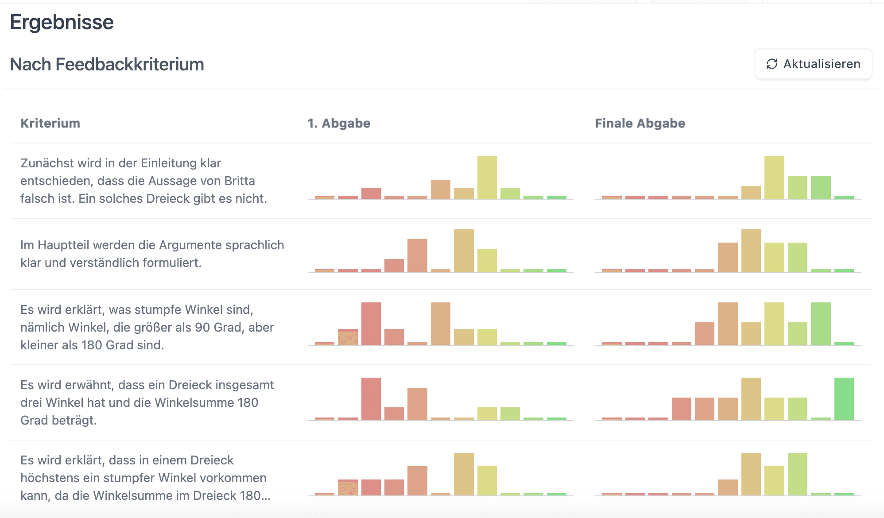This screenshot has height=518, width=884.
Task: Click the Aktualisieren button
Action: coord(813,64)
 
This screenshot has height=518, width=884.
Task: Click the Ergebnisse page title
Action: coord(62,22)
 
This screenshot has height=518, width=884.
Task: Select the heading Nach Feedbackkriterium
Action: coord(107,65)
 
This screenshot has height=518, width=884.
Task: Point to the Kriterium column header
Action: coord(50,123)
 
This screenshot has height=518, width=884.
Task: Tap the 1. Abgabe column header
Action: coord(339,123)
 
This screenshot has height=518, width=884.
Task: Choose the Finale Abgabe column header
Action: coord(640,123)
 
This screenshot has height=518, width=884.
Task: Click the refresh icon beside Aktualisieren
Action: coord(772,64)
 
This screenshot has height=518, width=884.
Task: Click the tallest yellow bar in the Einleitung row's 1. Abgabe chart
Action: coord(487,178)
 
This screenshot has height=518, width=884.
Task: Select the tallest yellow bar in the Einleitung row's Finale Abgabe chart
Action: coord(774,178)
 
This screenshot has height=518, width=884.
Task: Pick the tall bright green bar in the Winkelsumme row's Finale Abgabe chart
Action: coord(844,398)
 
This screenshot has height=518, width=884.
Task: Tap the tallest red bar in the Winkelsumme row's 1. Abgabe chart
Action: coord(371,398)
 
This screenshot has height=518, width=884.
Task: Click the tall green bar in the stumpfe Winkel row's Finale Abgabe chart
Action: coord(821,323)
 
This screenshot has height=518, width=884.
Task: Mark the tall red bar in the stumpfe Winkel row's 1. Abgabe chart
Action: coord(371,323)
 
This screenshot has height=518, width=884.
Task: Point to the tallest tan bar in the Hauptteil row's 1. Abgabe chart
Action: coord(464,250)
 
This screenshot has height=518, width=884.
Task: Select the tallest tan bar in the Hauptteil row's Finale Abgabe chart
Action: coord(751,250)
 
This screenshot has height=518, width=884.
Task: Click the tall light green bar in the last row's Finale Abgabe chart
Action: coord(797,474)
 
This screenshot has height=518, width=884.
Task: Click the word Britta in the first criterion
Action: coord(240,181)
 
